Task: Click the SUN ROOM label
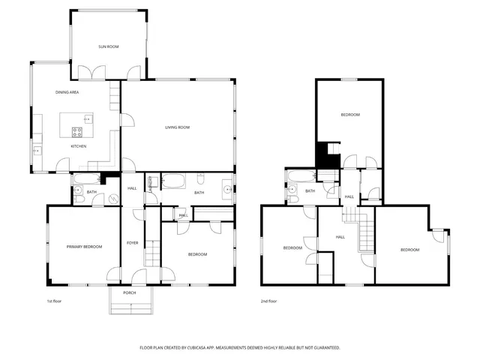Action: (109, 46)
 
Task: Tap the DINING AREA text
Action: (67, 92)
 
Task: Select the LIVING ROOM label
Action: (178, 127)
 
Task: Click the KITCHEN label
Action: (79, 146)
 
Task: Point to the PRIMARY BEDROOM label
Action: (83, 247)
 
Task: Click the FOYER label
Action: (132, 243)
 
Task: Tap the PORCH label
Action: (130, 292)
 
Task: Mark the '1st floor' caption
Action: (54, 301)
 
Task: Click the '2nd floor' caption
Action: (268, 301)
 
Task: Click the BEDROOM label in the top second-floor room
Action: (350, 115)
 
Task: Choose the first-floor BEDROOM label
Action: (197, 254)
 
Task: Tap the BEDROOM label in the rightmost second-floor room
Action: (409, 250)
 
